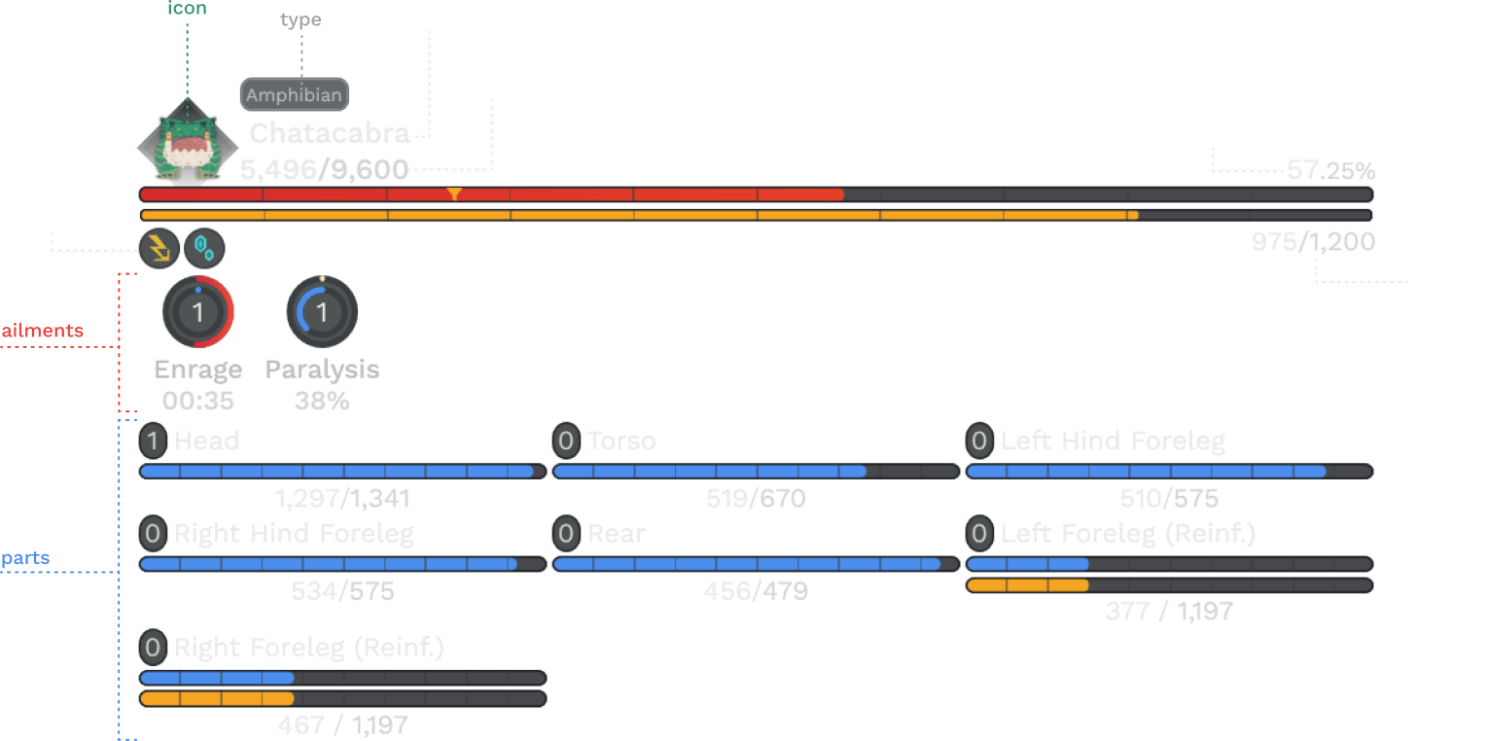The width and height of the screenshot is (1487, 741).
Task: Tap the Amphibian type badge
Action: (294, 95)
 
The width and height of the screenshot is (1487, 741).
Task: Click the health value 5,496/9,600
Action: (324, 170)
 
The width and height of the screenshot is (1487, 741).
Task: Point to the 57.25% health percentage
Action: (1329, 171)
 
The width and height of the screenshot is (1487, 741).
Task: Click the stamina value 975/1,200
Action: (1312, 242)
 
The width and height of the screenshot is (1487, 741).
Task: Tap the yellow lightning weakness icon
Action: (159, 249)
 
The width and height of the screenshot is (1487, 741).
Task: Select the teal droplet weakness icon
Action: (204, 249)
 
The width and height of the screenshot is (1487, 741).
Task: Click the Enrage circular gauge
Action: (198, 312)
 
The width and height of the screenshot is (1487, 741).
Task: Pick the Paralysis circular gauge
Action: (322, 312)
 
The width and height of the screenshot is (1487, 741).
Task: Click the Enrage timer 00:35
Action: (198, 401)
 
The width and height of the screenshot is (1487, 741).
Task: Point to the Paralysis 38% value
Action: (322, 401)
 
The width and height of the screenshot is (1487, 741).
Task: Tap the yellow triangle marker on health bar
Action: (454, 194)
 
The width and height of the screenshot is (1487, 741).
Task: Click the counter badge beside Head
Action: (152, 441)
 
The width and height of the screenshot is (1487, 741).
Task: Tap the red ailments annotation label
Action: (43, 331)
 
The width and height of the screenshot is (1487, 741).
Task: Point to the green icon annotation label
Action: (187, 9)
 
